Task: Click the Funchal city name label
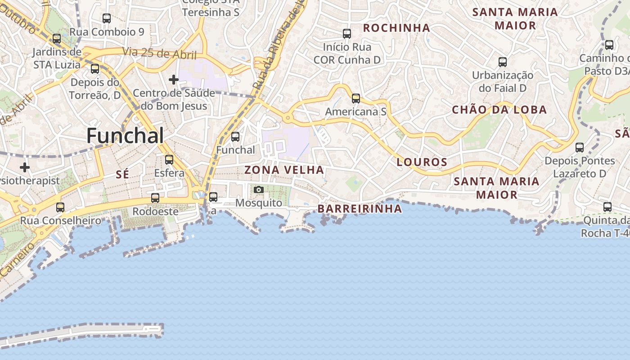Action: pyautogui.click(x=125, y=135)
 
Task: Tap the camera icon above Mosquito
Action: pyautogui.click(x=259, y=190)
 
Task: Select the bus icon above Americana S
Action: pyautogui.click(x=356, y=98)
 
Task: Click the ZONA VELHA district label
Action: pyautogui.click(x=284, y=170)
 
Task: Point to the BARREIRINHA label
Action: pyautogui.click(x=360, y=208)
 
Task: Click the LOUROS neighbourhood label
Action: pyautogui.click(x=422, y=162)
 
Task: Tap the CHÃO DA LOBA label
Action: pyautogui.click(x=499, y=109)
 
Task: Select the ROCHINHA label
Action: pyautogui.click(x=396, y=28)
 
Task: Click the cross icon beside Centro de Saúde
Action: pyautogui.click(x=174, y=80)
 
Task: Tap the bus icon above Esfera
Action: pyautogui.click(x=169, y=159)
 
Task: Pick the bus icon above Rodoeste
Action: pyautogui.click(x=155, y=198)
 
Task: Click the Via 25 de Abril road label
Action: pyautogui.click(x=159, y=53)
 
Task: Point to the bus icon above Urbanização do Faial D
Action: pyautogui.click(x=503, y=62)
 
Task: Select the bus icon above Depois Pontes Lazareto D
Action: pyautogui.click(x=580, y=147)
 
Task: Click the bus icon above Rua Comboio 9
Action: pyautogui.click(x=107, y=18)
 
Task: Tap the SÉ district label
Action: pyautogui.click(x=122, y=174)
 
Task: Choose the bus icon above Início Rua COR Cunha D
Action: pyautogui.click(x=347, y=33)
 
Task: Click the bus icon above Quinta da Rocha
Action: pyautogui.click(x=607, y=207)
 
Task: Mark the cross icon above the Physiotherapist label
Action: pyautogui.click(x=25, y=167)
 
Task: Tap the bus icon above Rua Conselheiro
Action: pyautogui.click(x=60, y=207)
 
